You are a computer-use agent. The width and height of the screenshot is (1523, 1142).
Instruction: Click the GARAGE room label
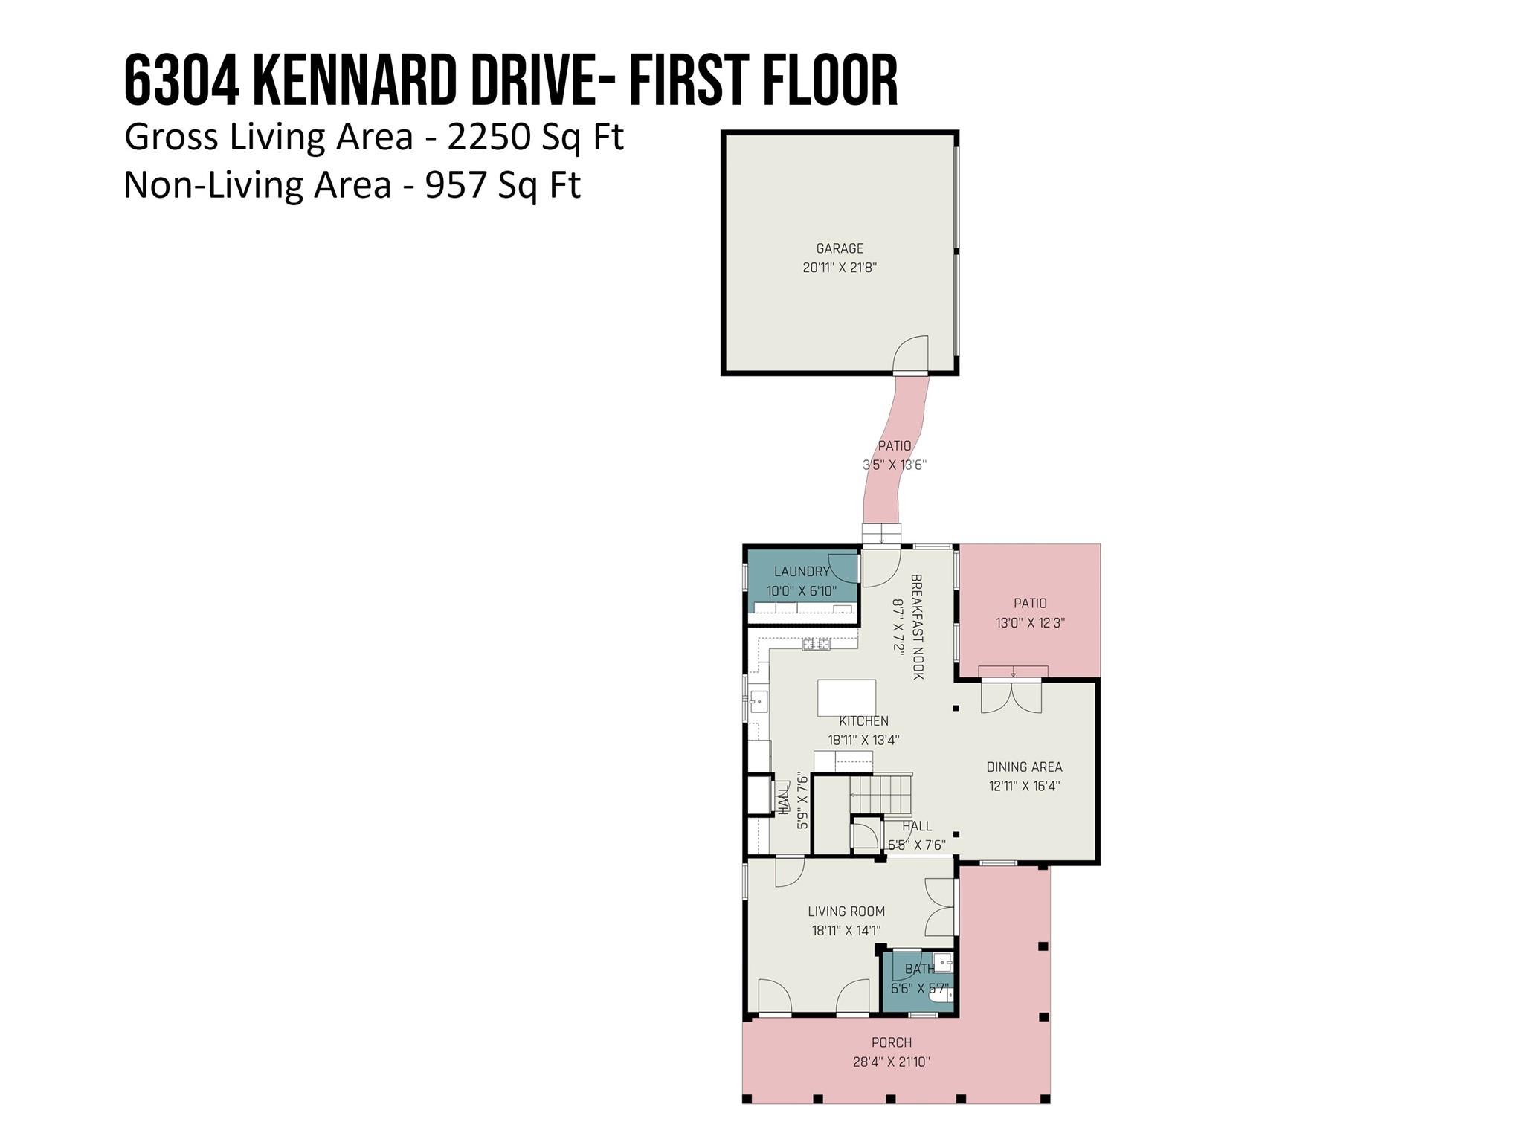840,248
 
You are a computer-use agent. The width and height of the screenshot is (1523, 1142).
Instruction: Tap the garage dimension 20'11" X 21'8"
840,268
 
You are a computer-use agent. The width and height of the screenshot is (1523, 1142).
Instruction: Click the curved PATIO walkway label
895,446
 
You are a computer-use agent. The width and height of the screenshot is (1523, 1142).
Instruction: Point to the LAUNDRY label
801,572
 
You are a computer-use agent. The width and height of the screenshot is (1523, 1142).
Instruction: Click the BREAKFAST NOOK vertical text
917,626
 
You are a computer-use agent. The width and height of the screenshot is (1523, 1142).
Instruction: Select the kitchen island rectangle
846,697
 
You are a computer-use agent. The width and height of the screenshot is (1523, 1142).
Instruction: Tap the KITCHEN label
863,721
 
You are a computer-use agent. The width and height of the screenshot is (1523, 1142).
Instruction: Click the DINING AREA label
1024,767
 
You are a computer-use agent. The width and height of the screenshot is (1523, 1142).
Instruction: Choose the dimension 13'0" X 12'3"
1030,623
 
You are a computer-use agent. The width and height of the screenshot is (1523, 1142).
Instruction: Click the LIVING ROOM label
846,912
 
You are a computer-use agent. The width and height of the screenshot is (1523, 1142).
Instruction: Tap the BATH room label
919,970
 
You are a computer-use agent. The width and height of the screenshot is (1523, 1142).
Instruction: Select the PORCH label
892,1043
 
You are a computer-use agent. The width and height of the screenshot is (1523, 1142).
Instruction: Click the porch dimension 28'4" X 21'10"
892,1062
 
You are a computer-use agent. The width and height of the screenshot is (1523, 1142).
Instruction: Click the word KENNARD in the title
354,80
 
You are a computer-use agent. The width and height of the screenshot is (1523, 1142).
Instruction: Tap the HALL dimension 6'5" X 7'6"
917,845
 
